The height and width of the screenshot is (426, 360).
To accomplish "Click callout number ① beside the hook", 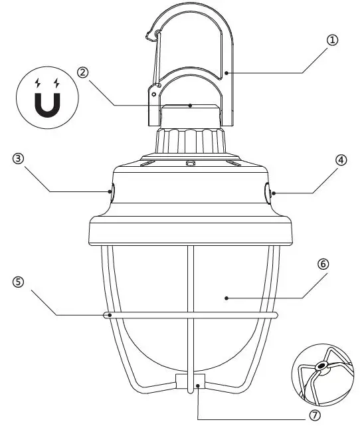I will point(331,40).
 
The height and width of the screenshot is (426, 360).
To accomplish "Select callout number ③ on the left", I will point(18,159).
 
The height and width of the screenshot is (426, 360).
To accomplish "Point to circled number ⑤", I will point(18,281).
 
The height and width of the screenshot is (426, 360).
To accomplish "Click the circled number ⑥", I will point(323,263).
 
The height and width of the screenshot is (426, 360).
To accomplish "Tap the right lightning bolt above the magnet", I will point(57,83).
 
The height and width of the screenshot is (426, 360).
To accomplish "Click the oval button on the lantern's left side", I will point(112,193).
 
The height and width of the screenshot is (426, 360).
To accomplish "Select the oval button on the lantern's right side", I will point(268,193).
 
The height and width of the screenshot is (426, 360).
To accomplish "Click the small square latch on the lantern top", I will point(190,163).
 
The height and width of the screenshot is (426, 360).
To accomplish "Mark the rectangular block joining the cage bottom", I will point(190,381).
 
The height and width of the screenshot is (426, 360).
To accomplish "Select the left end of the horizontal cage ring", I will point(106,315).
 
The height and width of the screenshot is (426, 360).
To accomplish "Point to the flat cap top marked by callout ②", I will point(190,106).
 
